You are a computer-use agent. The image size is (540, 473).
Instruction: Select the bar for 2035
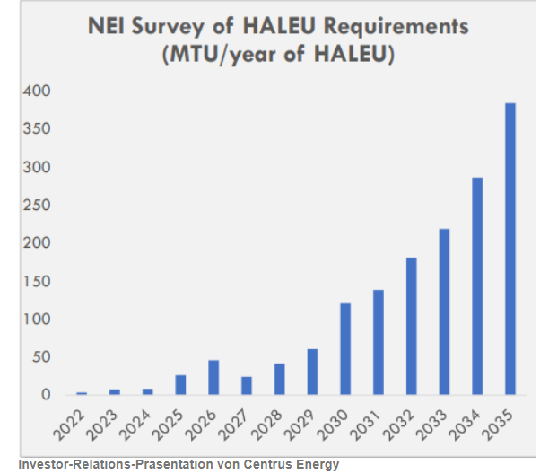click(510, 249)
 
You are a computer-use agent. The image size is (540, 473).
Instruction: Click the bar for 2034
click(477, 285)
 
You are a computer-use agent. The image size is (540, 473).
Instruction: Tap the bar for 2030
click(345, 349)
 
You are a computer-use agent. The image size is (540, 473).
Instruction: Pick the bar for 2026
click(213, 377)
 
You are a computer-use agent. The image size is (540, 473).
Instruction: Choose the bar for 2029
click(312, 372)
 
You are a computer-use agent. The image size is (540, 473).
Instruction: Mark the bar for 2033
click(445, 311)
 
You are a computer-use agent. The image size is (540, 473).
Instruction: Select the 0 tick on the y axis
click(46, 395)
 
